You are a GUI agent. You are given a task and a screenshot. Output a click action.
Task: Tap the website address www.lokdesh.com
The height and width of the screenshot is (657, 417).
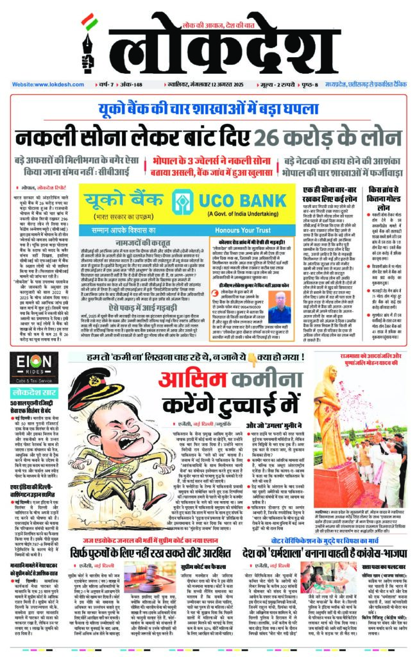(43, 84)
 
